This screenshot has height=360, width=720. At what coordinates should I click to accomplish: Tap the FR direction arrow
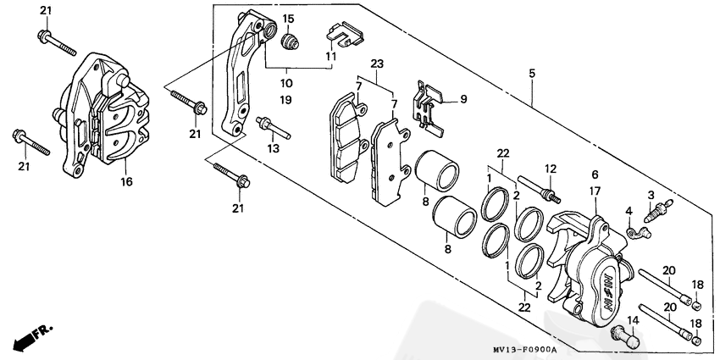point(27,340)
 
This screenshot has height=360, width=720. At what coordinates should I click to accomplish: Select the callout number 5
point(532,75)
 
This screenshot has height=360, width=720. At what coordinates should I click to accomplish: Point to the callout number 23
point(377,64)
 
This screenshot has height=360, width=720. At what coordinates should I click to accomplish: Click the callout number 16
point(126,181)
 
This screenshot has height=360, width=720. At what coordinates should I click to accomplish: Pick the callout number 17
point(595,191)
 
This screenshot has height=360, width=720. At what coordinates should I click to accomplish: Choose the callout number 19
point(286,100)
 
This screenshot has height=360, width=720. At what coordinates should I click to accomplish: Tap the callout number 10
point(286,83)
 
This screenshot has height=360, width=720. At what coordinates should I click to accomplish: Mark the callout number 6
point(595,174)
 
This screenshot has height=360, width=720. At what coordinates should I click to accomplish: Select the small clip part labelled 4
point(631,229)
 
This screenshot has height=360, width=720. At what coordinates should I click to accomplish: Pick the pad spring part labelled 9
point(429,106)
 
